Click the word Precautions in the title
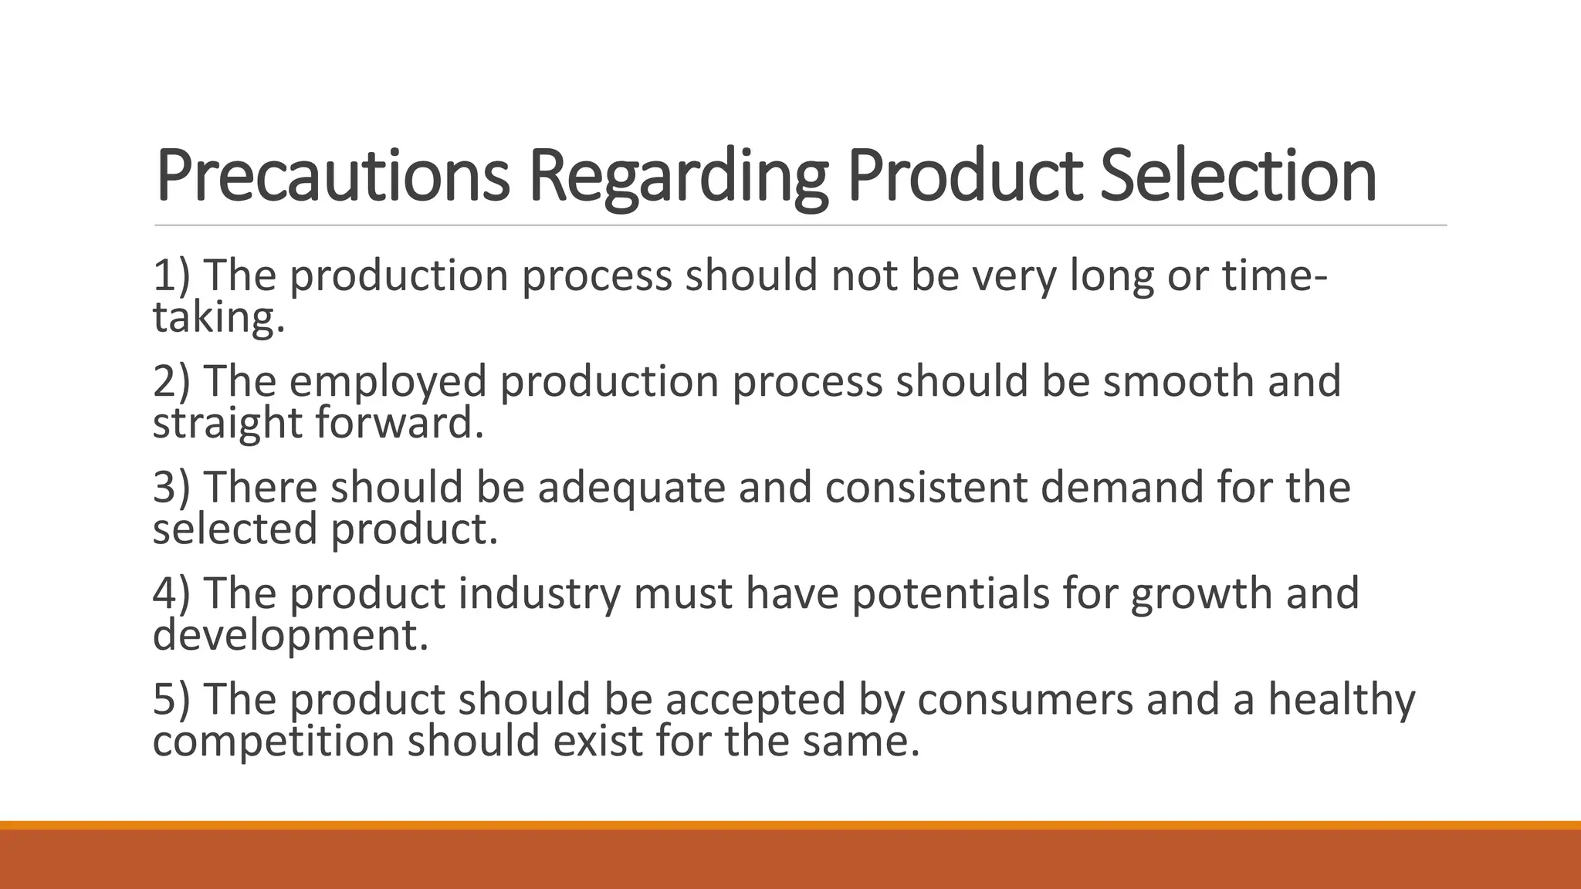(x=332, y=176)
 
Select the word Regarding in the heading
(x=678, y=176)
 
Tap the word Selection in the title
(x=1237, y=176)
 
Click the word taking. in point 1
(x=219, y=317)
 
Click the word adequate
(x=631, y=488)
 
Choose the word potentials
(x=950, y=593)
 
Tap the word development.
(x=290, y=635)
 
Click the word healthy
(x=1342, y=699)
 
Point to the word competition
(x=274, y=741)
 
